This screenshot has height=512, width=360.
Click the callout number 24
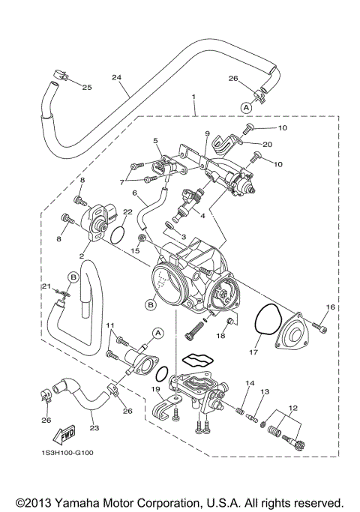point(116,76)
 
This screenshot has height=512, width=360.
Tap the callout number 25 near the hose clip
point(87,88)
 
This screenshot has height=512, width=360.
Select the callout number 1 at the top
point(193,97)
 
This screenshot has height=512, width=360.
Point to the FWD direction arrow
point(59,435)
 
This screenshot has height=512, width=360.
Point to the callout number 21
point(45,286)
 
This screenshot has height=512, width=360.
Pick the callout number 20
point(268,144)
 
